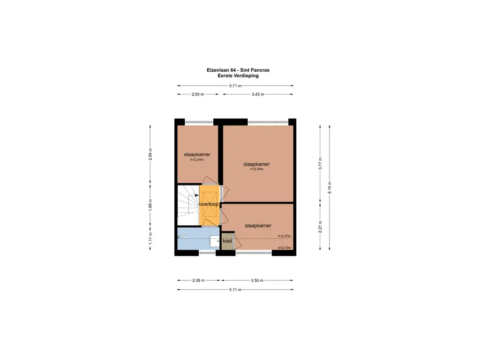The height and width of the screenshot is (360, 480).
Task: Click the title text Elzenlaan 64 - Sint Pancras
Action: [x=238, y=70]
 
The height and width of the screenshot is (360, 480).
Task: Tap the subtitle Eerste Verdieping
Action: [x=238, y=75]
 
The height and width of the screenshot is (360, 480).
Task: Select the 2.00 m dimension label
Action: [x=198, y=94]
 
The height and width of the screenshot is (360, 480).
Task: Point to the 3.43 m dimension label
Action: [x=257, y=94]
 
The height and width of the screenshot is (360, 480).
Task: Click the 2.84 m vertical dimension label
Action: [x=150, y=154]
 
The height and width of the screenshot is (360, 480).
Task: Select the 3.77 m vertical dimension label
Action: [x=320, y=164]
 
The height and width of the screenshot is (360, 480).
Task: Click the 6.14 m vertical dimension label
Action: [x=330, y=187]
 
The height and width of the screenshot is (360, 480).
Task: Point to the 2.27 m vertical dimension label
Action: [x=320, y=227]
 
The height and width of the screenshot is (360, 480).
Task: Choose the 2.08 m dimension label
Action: [x=198, y=280]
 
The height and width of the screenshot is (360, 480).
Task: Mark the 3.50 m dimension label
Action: [x=257, y=280]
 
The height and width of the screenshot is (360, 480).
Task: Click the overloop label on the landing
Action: [x=210, y=205]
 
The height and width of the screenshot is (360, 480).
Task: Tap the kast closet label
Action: [x=227, y=241]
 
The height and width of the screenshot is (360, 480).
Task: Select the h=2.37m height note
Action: [x=284, y=236]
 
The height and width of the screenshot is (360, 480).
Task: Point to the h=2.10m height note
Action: [x=285, y=247]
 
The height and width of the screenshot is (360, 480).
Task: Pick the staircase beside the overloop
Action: [x=188, y=205]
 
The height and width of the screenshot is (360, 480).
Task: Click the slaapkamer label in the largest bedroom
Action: [x=256, y=165]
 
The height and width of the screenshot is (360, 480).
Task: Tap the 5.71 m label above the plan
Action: [x=235, y=86]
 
